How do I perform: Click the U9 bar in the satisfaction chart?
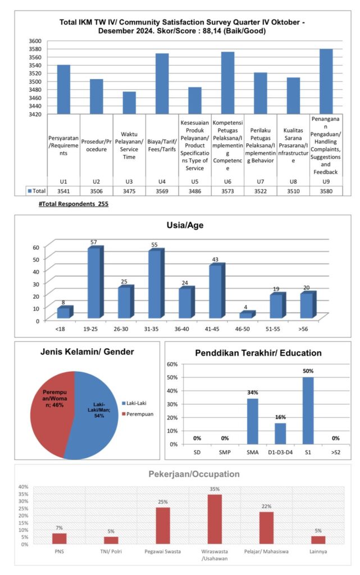coord(326,81)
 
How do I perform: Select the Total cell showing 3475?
coord(129,191)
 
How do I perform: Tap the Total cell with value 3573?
coord(227,191)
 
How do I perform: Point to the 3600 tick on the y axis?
coord(35,40)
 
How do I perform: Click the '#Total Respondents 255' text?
coord(74,204)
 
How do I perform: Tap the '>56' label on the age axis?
coord(303,329)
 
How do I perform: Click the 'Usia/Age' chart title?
coord(185,225)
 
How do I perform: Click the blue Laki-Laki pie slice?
coord(95,418)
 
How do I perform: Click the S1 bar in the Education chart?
coord(308,410)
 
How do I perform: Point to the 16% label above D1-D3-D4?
coord(280,417)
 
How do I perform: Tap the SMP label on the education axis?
coord(225,452)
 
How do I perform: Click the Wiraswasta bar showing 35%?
coord(215,519)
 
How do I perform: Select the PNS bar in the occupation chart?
coord(60,539)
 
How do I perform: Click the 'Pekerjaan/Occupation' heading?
coord(194,474)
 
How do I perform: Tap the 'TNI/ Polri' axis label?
coord(111,551)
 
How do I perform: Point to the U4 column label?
coord(162,181)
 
